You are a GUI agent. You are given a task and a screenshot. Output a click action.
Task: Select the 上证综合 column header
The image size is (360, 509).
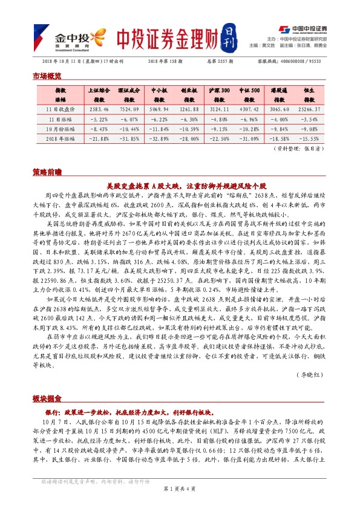98,94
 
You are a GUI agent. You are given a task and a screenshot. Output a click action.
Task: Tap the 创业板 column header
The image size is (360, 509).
189,94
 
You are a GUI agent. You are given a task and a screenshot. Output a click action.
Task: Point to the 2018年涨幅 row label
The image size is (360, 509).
61,138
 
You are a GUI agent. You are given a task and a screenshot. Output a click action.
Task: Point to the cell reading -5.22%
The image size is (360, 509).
98,120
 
